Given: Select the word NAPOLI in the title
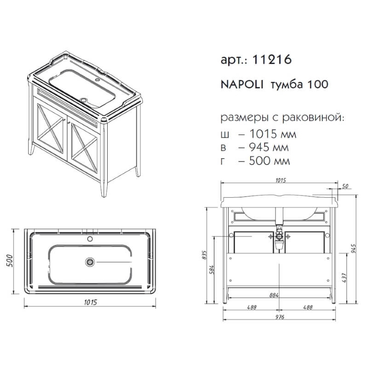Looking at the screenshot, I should click(241, 85).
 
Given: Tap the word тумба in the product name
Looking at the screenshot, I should click(285, 85).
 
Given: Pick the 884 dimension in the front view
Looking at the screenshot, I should click(273, 295).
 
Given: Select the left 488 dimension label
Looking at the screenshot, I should click(251, 307).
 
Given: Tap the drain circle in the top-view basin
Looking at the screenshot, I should click(90, 262).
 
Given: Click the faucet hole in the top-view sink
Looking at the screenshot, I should click(90, 240).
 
